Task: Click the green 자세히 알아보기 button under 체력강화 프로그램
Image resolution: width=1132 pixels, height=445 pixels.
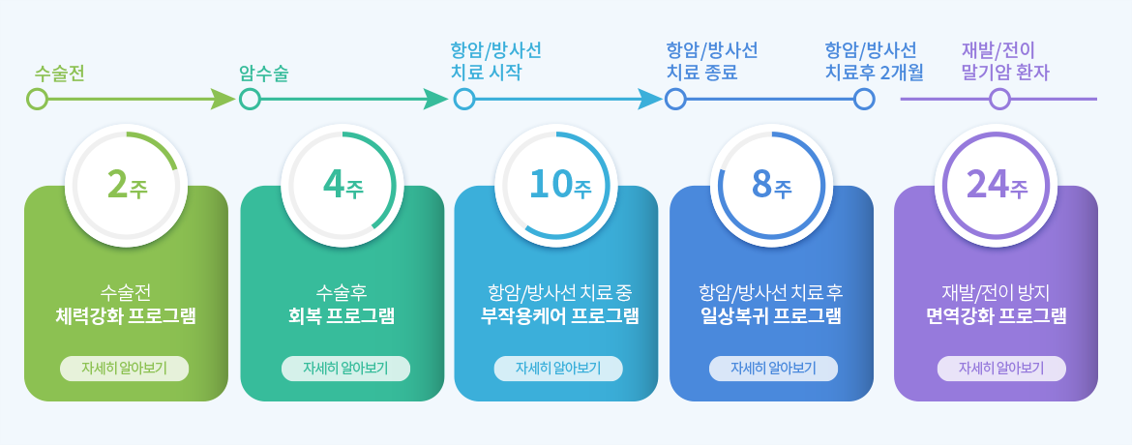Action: click(124, 369)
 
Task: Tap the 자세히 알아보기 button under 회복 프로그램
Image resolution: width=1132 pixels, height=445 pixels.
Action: click(345, 369)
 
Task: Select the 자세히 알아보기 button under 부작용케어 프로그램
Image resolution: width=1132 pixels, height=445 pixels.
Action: click(558, 369)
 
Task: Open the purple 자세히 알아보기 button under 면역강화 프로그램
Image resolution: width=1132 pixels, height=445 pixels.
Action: click(1001, 369)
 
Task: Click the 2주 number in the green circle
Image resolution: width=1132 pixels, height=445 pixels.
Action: click(127, 185)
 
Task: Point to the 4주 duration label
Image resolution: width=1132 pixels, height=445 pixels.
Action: click(343, 185)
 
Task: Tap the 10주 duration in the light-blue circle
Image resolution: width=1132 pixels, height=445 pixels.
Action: click(560, 185)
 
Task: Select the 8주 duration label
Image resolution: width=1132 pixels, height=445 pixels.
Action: click(772, 185)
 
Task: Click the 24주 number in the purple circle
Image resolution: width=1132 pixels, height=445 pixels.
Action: click(997, 185)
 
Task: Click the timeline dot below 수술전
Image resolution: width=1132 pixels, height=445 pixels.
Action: click(37, 99)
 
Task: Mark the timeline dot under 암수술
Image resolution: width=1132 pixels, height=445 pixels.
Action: click(250, 99)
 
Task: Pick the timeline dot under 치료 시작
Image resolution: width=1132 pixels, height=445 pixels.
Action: click(464, 99)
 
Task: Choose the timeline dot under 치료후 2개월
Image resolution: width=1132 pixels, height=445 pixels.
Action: click(864, 99)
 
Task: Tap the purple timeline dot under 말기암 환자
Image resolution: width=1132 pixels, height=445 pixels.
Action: click(999, 99)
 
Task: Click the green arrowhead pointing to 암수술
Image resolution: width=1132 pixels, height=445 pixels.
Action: click(223, 99)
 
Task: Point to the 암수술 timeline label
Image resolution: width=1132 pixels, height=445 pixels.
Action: click(264, 74)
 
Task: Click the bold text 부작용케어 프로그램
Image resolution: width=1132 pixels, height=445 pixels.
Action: click(560, 316)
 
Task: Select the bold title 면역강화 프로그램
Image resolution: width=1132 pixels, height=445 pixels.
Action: click(997, 316)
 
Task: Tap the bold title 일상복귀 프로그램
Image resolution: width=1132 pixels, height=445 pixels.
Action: click(772, 316)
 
